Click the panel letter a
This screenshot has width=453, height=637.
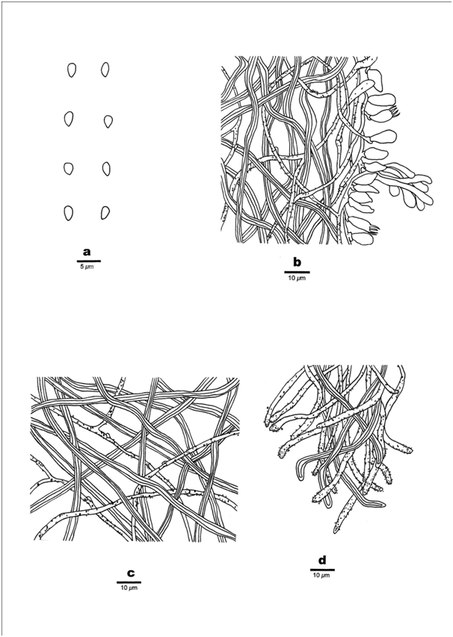[87, 252]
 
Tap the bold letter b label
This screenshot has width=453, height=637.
[298, 263]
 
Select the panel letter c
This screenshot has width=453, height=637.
[131, 574]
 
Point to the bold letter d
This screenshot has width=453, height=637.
[322, 561]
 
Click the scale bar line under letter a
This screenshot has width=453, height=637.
[89, 261]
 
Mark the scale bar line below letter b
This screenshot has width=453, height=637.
[297, 272]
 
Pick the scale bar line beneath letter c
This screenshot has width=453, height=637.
[129, 582]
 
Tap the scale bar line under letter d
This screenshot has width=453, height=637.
[322, 570]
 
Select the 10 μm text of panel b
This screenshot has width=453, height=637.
[297, 279]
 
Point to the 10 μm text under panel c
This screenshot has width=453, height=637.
[129, 588]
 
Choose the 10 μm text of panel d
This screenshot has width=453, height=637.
[321, 576]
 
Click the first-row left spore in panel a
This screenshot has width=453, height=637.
[72, 70]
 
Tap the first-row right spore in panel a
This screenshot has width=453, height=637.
[105, 69]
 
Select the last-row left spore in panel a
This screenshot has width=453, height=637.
[68, 214]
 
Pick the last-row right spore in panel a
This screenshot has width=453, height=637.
[105, 213]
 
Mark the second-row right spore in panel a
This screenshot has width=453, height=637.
[108, 122]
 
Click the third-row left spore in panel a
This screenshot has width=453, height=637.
[69, 168]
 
